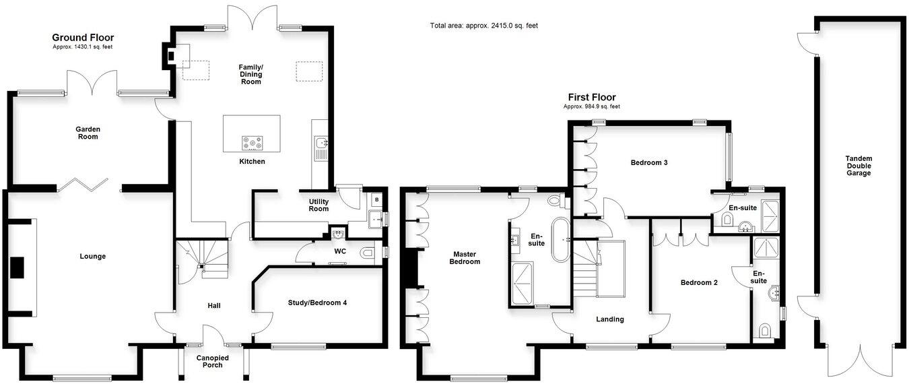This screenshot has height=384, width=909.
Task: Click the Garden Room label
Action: coord(88,132)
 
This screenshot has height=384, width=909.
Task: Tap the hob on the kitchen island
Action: coord(252,143)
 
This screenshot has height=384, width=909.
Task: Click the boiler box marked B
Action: coord(376,200)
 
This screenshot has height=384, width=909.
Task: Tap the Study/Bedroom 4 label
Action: coord(316,303)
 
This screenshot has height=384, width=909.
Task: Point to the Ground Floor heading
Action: coord(83,38)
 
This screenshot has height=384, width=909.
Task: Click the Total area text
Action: coord(483,26)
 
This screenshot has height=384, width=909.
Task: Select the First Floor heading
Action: coord(591,97)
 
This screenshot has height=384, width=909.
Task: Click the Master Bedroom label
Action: coord(465,257)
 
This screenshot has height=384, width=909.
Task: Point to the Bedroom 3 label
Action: coord(649,162)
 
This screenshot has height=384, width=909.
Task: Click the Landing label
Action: coord(609,319)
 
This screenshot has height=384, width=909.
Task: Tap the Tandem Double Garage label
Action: coord(858,166)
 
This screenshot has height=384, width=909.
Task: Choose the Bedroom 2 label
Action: coord(698,283)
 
